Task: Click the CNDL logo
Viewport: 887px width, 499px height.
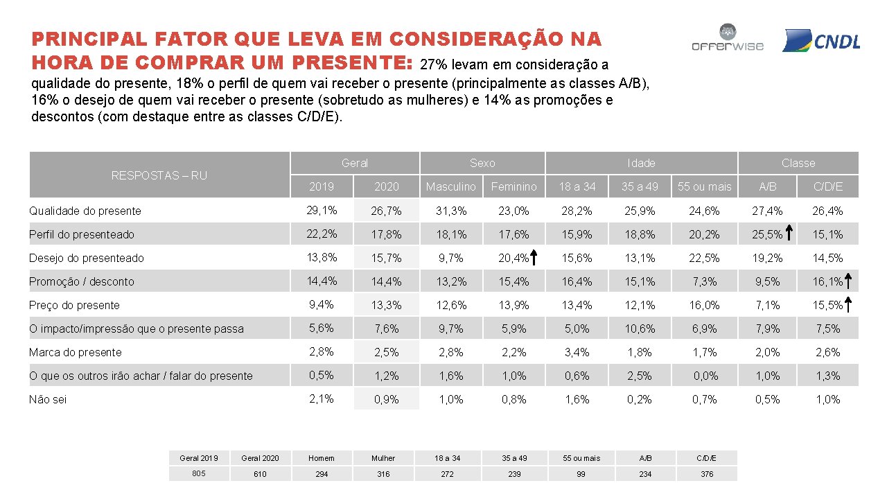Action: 821,41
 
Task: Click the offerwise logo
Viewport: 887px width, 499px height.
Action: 727,39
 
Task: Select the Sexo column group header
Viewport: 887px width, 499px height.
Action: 482,163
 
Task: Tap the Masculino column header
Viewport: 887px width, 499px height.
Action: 450,186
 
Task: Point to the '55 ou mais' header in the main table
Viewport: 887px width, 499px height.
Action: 704,186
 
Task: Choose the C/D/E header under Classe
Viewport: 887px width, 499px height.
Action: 827,186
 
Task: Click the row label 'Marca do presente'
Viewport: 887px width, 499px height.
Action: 75,352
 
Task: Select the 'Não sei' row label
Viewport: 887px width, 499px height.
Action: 48,399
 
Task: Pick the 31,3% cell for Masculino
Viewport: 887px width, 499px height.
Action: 450,211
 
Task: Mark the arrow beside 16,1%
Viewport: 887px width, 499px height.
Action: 849,281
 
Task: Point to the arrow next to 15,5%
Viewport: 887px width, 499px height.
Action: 849,305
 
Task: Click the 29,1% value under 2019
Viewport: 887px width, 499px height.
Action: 322,210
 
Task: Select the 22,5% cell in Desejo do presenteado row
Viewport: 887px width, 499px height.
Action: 704,258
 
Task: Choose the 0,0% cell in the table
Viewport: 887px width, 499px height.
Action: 704,376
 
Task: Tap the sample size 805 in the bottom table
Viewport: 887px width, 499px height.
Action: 199,473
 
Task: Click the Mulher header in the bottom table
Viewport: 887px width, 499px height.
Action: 383,458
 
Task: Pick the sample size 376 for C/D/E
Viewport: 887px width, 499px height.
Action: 706,474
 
